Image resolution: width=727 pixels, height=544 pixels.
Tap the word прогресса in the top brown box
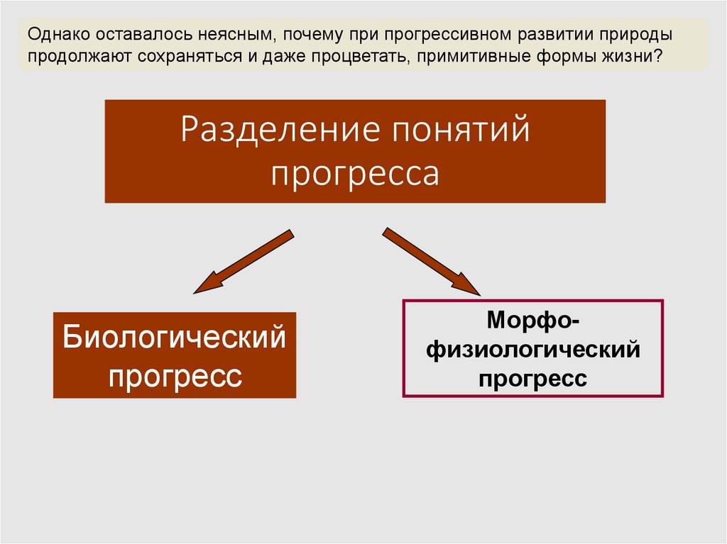pyautogui.click(x=355, y=172)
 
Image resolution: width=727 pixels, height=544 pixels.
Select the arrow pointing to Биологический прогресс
pyautogui.click(x=241, y=262)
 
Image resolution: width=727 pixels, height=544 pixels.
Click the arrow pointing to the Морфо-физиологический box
pyautogui.click(x=432, y=261)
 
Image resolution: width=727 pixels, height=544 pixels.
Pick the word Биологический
pyautogui.click(x=175, y=336)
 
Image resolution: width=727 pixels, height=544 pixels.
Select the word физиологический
pyautogui.click(x=532, y=349)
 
